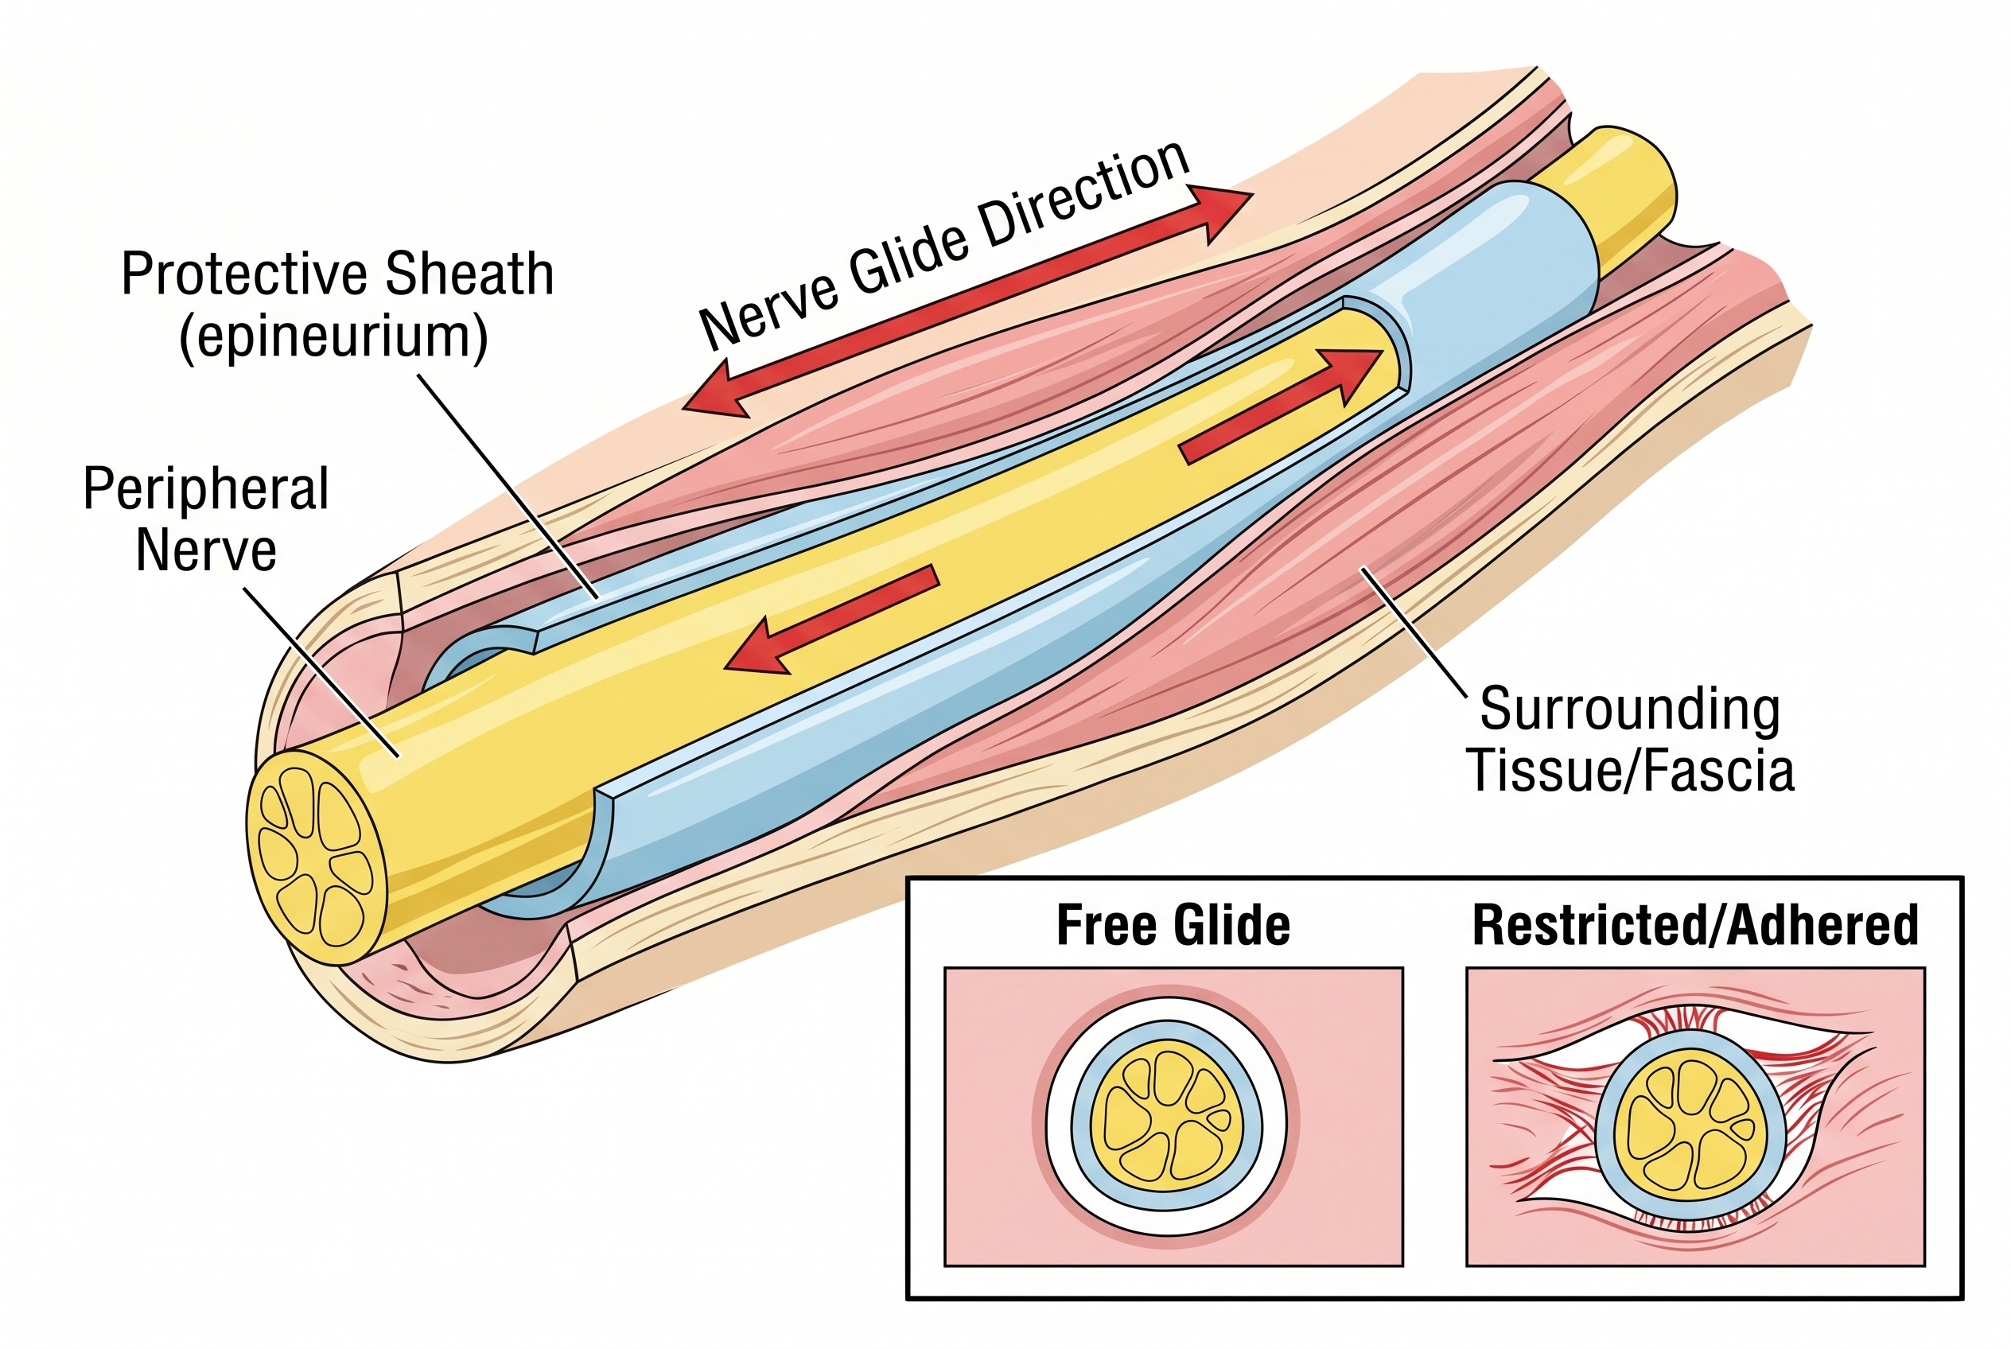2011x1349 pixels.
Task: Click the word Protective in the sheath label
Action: [245, 274]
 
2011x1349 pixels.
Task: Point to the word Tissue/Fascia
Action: [1630, 770]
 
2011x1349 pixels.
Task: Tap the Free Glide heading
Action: [1173, 926]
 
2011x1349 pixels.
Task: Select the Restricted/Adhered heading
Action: [1695, 926]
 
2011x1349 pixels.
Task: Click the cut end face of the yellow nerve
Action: [317, 856]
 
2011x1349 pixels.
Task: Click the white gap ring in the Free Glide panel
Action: [1060, 1118]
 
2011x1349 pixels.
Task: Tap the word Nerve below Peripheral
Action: [206, 550]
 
